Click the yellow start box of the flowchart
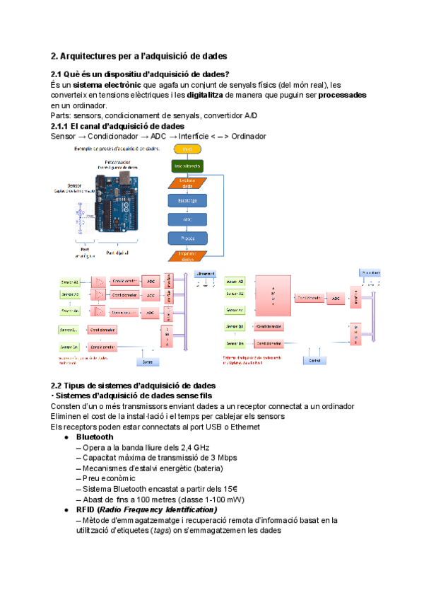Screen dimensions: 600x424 point(187,150)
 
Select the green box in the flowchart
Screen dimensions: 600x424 point(187,166)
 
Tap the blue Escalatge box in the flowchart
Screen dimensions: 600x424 point(187,200)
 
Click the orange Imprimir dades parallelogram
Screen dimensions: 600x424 point(187,256)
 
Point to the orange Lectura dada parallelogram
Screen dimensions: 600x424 point(187,183)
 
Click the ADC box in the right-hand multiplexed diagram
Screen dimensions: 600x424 point(336,298)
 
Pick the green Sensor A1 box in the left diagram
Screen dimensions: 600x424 point(70,281)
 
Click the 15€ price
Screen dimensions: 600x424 point(228,489)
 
